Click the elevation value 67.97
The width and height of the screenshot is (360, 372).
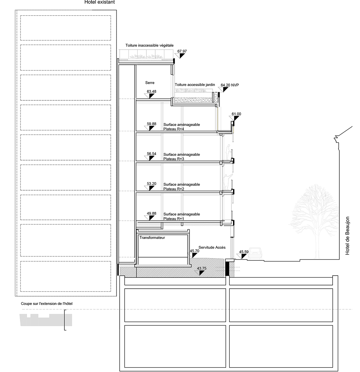pos(182,52)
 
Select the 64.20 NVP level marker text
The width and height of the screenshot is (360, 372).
pos(230,85)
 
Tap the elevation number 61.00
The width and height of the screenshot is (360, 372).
pos(236,114)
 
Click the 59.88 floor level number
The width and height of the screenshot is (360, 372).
pos(151,124)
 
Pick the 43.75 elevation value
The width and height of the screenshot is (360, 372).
pos(202,268)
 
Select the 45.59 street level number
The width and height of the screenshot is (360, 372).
pos(244,252)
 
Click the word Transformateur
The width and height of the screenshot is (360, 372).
pos(152,238)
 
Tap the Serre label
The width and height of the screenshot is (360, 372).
pos(150,83)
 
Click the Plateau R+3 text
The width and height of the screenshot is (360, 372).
pos(174,159)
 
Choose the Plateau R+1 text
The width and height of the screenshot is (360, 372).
pos(174,219)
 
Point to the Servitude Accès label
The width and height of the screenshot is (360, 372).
pos(212,247)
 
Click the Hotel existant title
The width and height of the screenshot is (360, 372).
pos(100,2)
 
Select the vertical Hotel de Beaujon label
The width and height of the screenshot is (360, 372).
pos(348,236)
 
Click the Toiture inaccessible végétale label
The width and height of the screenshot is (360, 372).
pos(149,45)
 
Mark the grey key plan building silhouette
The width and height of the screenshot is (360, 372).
pos(46,320)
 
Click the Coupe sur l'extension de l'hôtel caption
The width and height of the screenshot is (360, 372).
pos(47,303)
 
